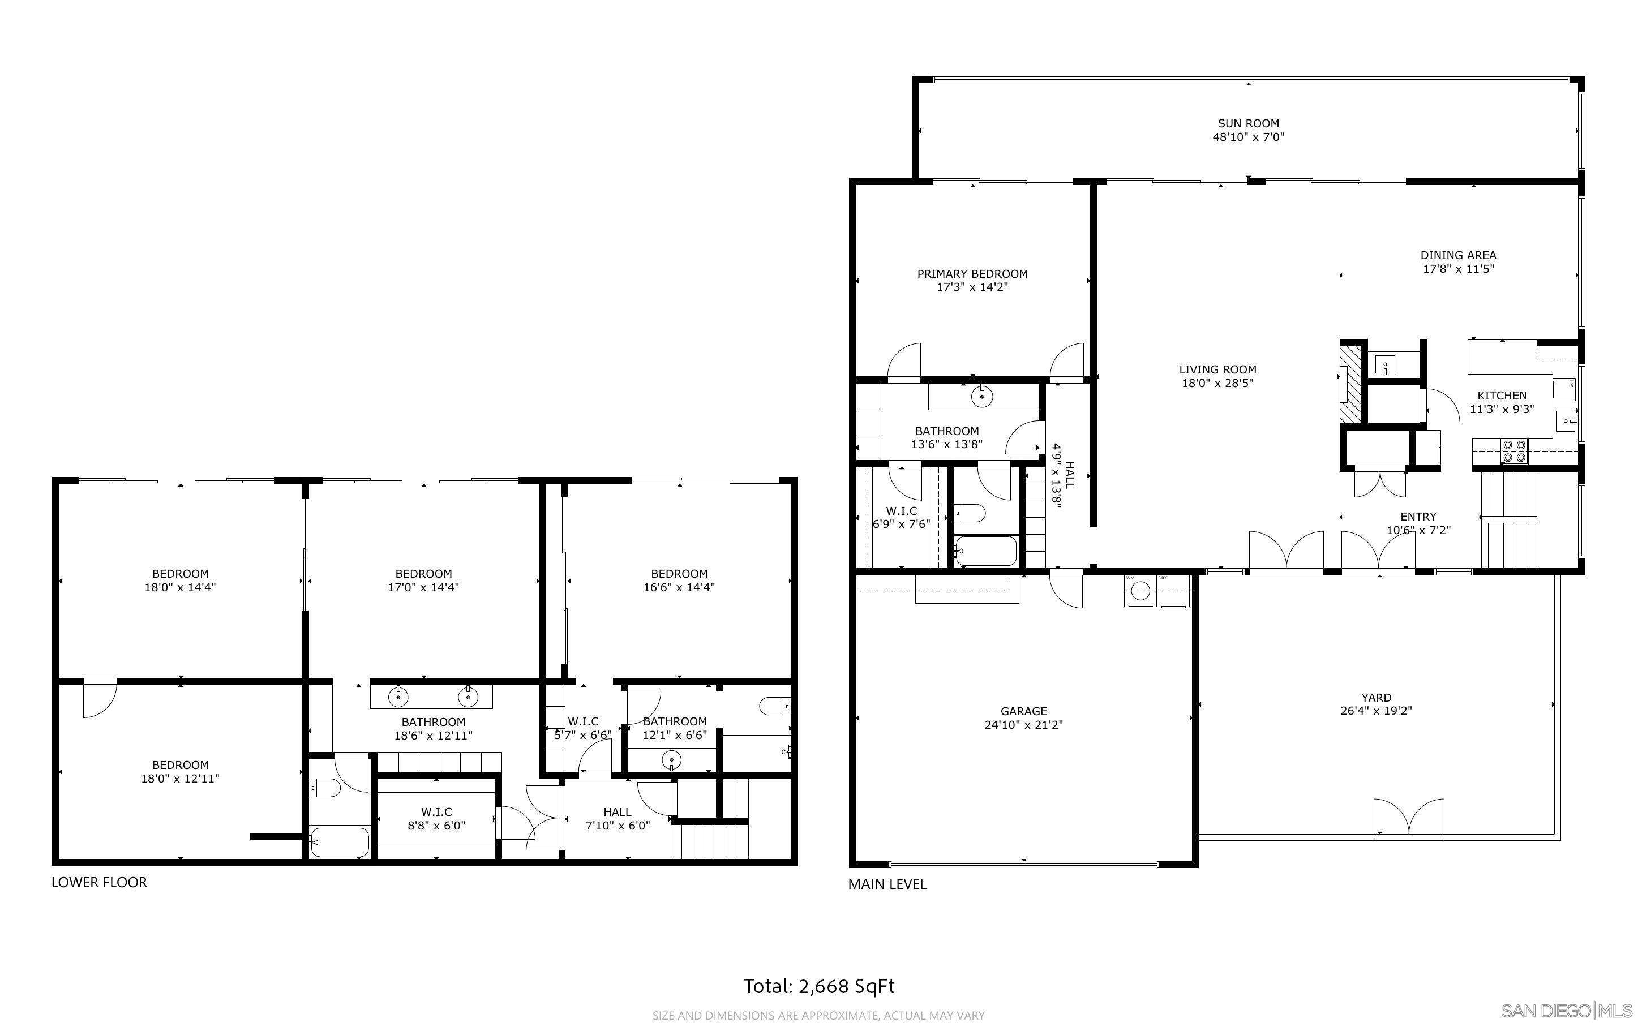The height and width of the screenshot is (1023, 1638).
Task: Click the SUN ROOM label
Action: click(1247, 123)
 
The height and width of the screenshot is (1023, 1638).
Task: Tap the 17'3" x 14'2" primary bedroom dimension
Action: click(972, 287)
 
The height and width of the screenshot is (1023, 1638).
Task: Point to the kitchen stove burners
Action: click(1514, 450)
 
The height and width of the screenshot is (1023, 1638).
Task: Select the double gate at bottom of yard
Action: click(1409, 820)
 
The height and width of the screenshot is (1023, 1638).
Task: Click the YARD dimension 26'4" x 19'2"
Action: click(1375, 711)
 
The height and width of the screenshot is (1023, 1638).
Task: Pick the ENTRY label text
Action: click(1418, 516)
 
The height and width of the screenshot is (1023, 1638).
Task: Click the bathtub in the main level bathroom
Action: click(986, 552)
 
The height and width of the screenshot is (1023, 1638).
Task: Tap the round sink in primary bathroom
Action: click(981, 396)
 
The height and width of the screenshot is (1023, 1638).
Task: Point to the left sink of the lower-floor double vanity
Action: click(399, 695)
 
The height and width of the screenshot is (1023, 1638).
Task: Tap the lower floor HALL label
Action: click(617, 812)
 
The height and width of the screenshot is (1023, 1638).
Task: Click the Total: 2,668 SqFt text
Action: click(818, 986)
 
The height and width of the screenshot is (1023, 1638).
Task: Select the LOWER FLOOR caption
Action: click(100, 882)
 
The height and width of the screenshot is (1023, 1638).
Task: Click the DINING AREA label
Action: click(1457, 255)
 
